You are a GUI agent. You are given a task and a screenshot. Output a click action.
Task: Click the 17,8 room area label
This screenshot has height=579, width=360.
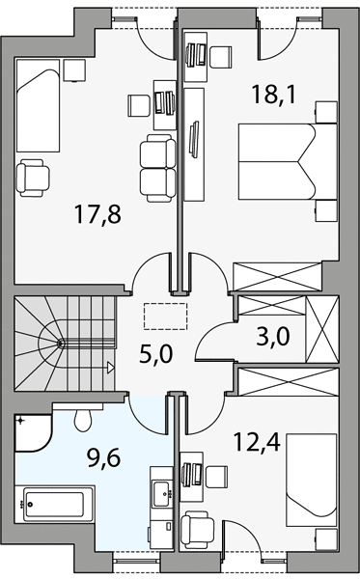tap(97, 214)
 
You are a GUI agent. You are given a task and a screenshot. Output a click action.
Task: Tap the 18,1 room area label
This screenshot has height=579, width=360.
tap(273, 95)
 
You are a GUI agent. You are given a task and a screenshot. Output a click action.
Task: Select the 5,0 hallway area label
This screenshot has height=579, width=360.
tap(156, 353)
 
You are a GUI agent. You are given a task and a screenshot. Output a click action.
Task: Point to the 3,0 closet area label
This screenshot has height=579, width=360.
tap(273, 337)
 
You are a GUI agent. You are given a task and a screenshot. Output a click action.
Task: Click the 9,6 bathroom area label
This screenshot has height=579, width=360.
tap(104, 458)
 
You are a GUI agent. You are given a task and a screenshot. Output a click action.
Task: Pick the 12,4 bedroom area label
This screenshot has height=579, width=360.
tap(258, 443)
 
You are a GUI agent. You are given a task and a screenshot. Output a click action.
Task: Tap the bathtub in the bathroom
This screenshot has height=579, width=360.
tap(54, 505)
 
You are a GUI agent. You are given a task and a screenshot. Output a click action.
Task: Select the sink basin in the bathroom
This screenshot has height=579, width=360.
tap(161, 493)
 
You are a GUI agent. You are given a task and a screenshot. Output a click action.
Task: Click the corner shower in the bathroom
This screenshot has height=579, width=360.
tap(32, 432)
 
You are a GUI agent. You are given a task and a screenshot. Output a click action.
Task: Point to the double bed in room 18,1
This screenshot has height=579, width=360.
tap(288, 161)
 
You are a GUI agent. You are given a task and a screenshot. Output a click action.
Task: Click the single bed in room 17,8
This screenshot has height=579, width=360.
tap(38, 105)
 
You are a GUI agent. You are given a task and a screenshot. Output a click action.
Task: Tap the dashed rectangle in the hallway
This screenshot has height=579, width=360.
tap(166, 316)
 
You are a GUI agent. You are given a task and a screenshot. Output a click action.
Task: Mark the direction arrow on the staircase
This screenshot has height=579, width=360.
tap(111, 368)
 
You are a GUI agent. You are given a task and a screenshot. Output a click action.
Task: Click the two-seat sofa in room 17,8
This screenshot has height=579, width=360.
tap(158, 168)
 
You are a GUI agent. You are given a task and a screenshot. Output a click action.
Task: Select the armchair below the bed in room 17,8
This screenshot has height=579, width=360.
tap(33, 178)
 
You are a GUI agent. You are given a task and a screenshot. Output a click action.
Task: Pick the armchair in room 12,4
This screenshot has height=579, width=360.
tap(197, 529)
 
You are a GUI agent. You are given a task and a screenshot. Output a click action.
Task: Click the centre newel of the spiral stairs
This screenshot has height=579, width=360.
tap(60, 343)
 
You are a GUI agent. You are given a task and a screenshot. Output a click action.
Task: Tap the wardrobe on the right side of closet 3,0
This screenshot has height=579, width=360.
tap(322, 328)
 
